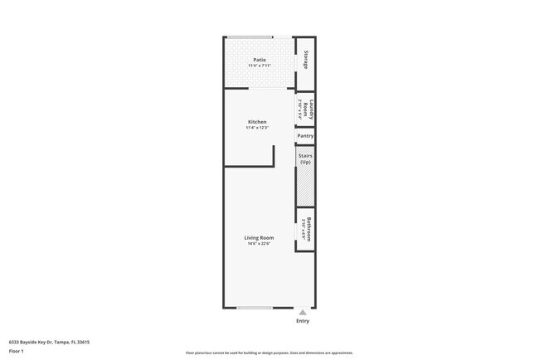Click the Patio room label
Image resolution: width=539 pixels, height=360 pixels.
point(259,60)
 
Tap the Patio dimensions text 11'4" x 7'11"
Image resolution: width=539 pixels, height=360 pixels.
point(259,66)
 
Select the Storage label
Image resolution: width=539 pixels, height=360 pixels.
point(306,60)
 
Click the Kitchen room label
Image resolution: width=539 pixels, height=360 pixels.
point(257,122)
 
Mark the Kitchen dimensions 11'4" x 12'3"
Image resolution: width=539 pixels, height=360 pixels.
point(257,128)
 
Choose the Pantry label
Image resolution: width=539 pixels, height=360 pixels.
point(305,135)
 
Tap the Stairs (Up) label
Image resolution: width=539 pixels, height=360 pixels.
point(305,158)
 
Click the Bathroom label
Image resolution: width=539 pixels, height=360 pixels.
point(308,228)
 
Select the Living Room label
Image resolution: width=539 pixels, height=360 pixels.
point(259,238)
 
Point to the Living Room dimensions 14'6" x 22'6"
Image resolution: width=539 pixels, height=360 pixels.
point(259,244)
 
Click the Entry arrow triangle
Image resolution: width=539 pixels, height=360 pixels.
point(303,313)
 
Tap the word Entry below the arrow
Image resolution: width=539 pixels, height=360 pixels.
point(303,321)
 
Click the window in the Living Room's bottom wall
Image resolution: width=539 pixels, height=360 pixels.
point(255,308)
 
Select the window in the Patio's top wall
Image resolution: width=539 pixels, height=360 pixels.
point(250,36)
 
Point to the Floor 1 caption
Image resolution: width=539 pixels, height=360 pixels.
point(17,351)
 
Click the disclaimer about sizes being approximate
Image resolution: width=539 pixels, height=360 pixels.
point(269,353)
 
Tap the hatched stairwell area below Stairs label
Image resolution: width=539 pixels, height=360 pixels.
point(305,187)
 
